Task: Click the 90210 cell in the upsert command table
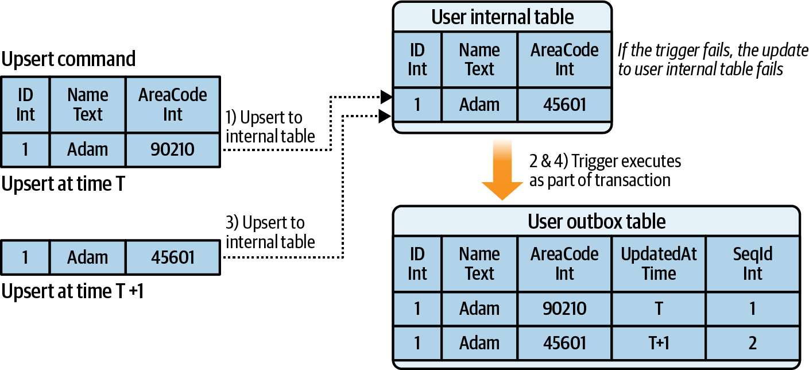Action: pos(173,149)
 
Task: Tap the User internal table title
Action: pos(502,17)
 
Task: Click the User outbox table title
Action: pos(596,221)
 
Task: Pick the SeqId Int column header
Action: pos(753,263)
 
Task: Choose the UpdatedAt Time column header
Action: pos(659,263)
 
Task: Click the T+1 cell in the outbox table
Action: pos(659,343)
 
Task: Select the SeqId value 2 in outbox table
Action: pos(753,343)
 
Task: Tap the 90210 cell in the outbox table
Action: pos(564,309)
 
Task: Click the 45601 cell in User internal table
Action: pos(564,105)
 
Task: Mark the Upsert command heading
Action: pos(69,59)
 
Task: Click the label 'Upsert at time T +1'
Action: pos(72,291)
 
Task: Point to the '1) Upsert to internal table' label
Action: pos(270,127)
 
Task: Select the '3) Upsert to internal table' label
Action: pos(270,232)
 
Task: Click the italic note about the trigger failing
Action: pos(713,59)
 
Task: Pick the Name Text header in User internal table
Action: pos(479,59)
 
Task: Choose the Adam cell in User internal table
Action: pos(479,105)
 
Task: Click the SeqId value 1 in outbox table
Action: pos(753,309)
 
